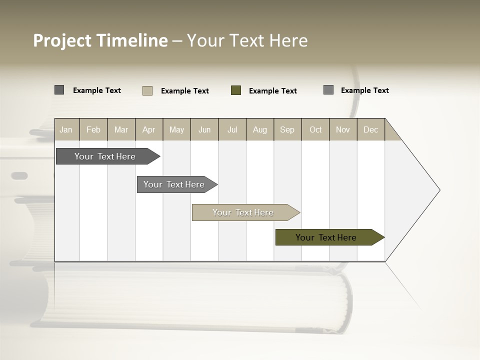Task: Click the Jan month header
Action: (66, 129)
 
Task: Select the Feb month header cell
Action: (93, 129)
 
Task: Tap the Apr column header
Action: (149, 129)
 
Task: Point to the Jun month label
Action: (204, 129)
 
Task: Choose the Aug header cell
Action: (260, 129)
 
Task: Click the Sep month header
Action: (287, 129)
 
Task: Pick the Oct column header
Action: (315, 129)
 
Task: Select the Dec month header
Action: (371, 129)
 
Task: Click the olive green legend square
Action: (236, 90)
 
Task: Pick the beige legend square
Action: (147, 90)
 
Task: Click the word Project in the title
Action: (62, 40)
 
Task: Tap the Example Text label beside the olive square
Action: (273, 91)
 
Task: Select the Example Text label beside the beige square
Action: (185, 91)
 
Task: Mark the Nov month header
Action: (343, 129)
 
